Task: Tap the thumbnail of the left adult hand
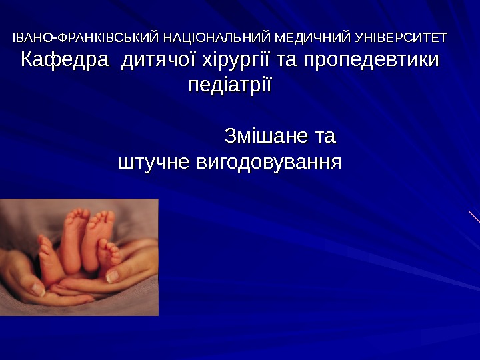coord(27,280)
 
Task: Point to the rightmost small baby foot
coord(109,253)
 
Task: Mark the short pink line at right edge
coord(474,216)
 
